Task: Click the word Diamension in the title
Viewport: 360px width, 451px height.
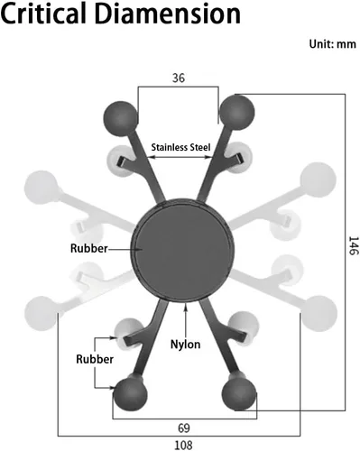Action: (169, 14)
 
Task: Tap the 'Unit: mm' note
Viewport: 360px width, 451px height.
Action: (333, 44)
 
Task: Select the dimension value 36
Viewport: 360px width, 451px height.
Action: (179, 78)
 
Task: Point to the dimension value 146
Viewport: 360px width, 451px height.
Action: (354, 245)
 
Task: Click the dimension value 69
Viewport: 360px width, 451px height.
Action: (184, 428)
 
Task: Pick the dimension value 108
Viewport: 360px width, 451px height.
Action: (183, 445)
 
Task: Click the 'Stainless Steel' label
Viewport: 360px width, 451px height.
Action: (180, 147)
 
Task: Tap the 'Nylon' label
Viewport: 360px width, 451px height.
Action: (185, 345)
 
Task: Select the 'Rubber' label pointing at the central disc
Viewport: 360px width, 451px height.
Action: (88, 248)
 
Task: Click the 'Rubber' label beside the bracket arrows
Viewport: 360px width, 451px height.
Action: (95, 359)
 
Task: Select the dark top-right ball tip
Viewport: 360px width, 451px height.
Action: (237, 112)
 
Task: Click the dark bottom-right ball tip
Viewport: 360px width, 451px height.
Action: (239, 393)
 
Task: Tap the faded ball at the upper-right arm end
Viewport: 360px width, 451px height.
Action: (318, 179)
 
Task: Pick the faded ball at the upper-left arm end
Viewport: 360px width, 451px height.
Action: (42, 188)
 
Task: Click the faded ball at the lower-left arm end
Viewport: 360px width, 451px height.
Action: (42, 313)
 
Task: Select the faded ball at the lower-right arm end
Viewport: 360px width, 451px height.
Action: (320, 313)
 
